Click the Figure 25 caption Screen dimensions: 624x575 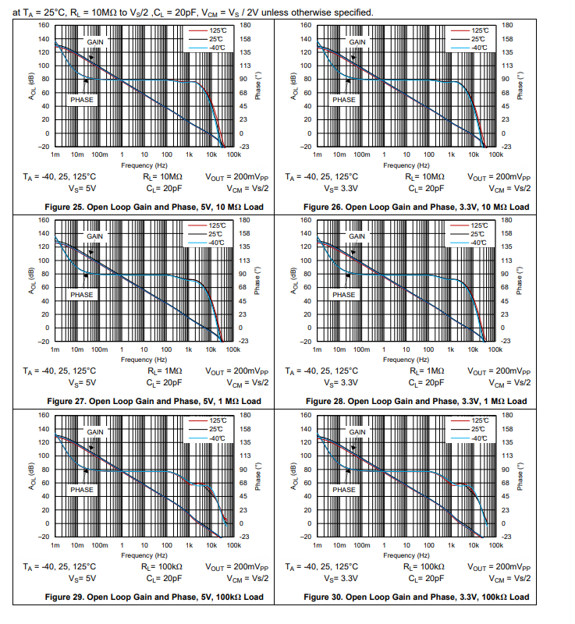[x=154, y=207]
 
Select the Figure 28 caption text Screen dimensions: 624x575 [x=416, y=401]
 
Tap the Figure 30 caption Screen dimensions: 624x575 [x=416, y=597]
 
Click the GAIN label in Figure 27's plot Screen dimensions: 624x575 [x=94, y=236]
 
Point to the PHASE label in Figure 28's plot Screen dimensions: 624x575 [x=343, y=295]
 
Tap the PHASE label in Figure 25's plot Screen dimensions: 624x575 [x=81, y=100]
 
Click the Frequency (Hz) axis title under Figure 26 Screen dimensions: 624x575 [x=399, y=165]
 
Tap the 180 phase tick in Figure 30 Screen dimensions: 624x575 [x=507, y=414]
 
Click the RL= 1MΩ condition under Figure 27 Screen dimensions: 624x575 [x=164, y=371]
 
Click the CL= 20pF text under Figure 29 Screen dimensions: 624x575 [x=164, y=578]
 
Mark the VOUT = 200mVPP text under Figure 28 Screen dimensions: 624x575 [x=499, y=371]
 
